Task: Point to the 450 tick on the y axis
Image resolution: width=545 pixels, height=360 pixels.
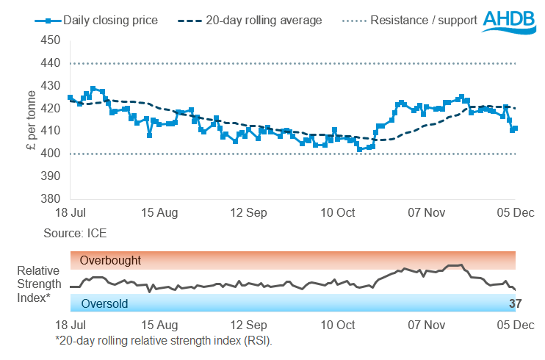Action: [51, 41]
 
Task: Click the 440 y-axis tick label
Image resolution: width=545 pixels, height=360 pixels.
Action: [51, 64]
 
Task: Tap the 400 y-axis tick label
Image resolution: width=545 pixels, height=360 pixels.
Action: [51, 154]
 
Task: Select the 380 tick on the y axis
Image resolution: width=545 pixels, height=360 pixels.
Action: [51, 199]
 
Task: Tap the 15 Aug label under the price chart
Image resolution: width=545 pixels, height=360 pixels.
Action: [159, 213]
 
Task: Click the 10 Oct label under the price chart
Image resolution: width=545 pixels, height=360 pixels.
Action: [338, 213]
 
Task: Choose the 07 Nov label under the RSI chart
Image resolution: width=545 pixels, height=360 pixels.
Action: [427, 324]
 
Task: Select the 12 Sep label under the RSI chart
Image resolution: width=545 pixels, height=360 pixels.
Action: [248, 324]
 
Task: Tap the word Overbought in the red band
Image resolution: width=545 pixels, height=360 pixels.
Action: [110, 260]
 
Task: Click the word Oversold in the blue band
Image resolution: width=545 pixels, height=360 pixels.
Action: [104, 303]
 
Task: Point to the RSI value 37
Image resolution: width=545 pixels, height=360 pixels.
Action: [516, 303]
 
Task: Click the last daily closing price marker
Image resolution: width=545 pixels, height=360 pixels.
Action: [515, 129]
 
